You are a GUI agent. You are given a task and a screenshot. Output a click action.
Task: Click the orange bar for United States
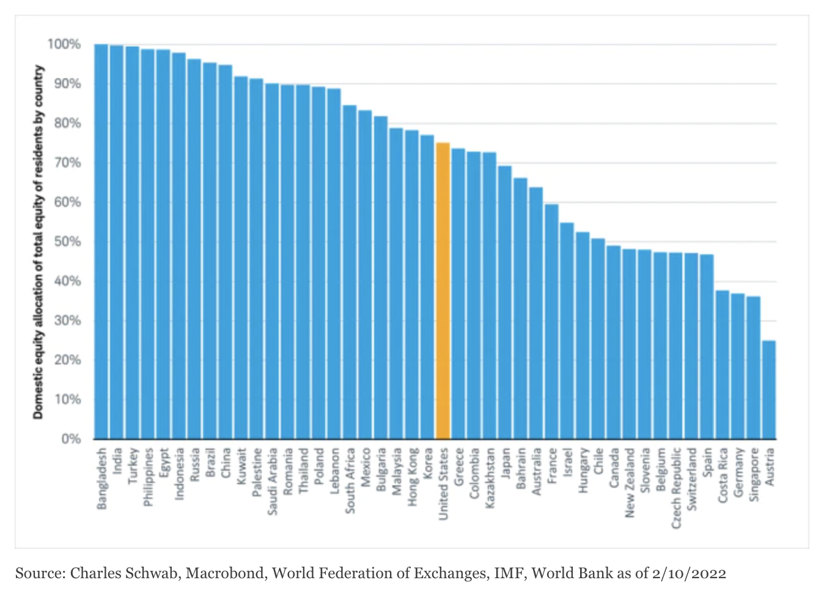pos(443,290)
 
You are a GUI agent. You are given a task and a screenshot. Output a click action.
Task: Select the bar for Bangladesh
pos(101,241)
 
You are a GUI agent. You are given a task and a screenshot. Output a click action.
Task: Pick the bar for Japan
pos(505,302)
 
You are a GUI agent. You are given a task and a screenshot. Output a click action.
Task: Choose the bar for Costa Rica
pos(723,364)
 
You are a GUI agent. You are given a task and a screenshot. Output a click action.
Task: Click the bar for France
pos(551,322)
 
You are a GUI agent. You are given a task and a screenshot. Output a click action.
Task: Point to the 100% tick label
pos(64,44)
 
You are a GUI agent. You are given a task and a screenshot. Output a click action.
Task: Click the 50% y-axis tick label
pos(67,241)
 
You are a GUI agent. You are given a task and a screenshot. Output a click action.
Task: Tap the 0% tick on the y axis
pos(71,439)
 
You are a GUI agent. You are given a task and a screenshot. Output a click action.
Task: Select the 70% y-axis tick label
pos(67,163)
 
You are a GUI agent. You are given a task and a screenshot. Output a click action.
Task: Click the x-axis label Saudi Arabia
pos(273,482)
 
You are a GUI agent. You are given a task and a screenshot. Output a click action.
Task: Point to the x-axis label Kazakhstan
pos(490,478)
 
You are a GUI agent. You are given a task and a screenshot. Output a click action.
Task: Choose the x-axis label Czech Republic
pos(676,488)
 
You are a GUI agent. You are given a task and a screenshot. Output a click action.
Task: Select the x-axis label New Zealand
pos(630,483)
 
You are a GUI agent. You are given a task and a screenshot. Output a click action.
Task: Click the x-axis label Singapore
pos(754,474)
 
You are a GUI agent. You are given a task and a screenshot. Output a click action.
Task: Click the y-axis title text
pos(39,241)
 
